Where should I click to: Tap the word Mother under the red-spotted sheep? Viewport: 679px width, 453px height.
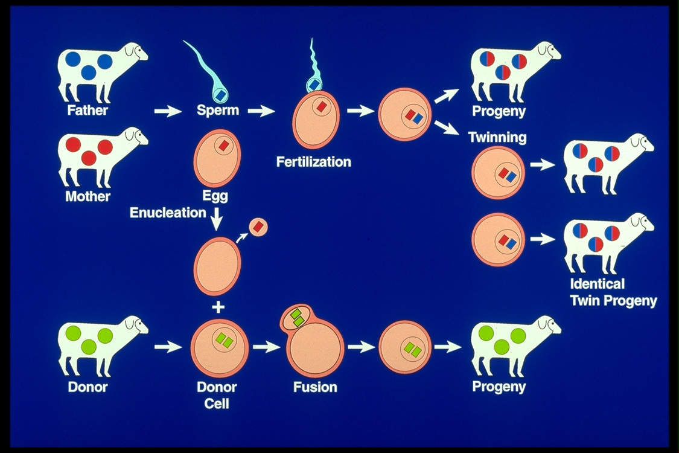tap(88, 196)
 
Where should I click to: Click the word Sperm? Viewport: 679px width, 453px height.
tap(218, 111)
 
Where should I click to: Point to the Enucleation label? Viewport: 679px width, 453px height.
tap(168, 213)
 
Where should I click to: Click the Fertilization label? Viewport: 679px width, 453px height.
tap(313, 162)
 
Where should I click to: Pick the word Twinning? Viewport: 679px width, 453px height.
tap(497, 137)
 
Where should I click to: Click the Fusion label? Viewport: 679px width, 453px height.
tap(315, 387)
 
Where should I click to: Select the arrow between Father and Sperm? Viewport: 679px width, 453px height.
tap(167, 111)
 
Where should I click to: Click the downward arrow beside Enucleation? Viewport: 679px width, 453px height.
tap(216, 218)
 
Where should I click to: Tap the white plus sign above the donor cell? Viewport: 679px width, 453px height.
tap(218, 307)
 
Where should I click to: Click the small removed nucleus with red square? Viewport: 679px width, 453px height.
tap(258, 227)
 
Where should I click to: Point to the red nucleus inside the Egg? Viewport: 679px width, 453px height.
tap(224, 146)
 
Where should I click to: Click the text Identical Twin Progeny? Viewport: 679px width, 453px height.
tap(613, 292)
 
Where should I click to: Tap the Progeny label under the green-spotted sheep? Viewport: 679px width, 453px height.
tap(499, 387)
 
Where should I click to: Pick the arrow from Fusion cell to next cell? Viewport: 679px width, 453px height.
tap(361, 347)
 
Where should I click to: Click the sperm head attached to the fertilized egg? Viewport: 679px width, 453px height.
tap(315, 85)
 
